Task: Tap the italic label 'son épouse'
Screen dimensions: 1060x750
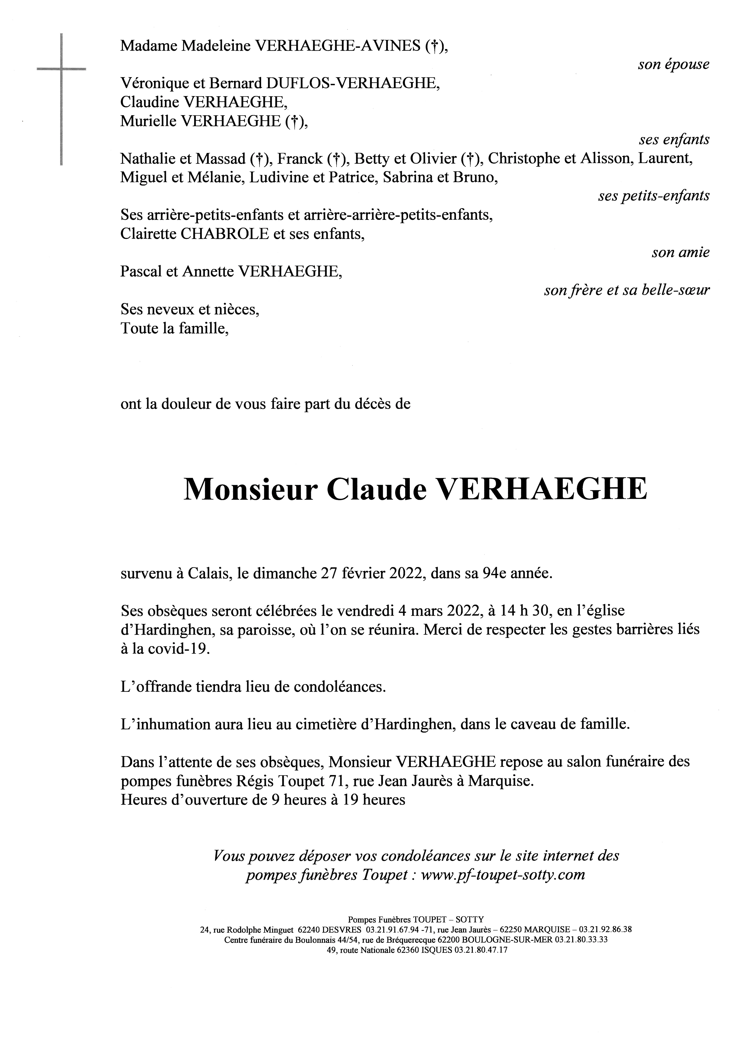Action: tap(673, 65)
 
